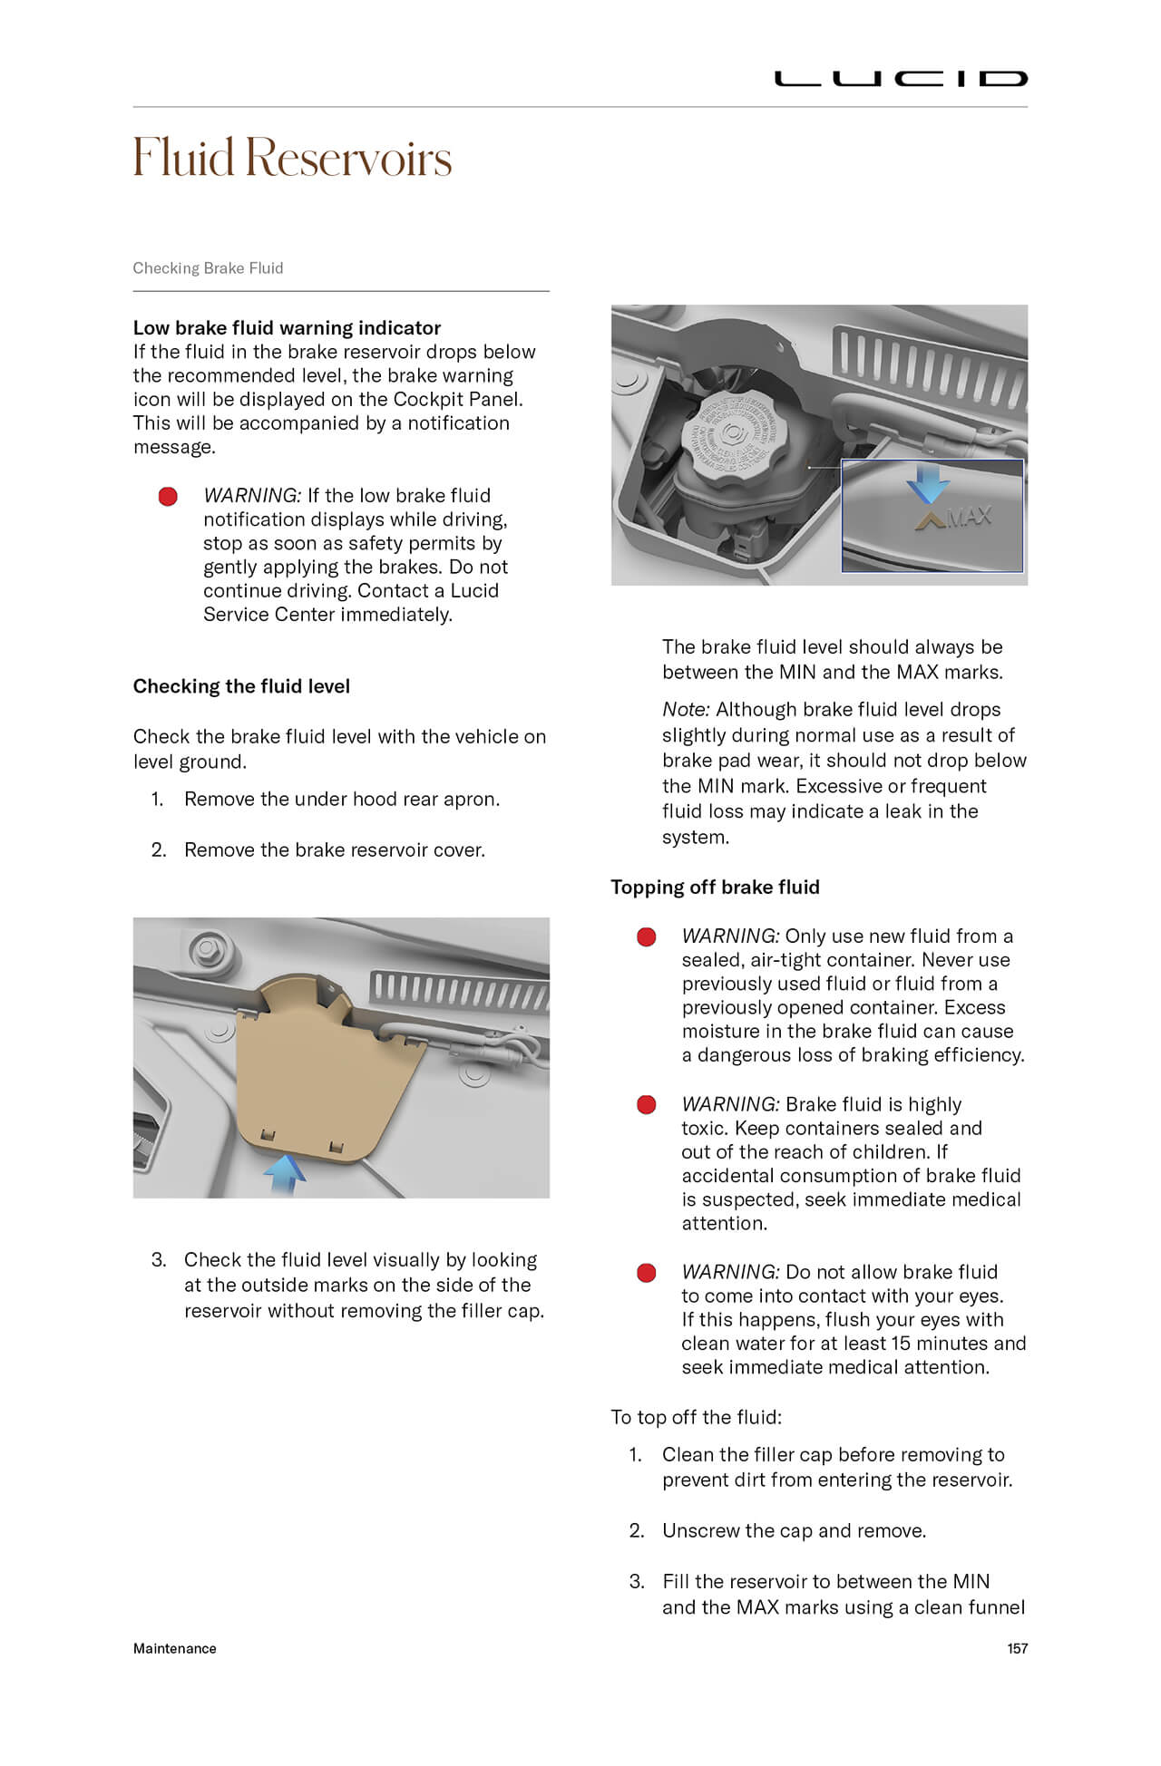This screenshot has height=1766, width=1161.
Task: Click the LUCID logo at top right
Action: [x=900, y=79]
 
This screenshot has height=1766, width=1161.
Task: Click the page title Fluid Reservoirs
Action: [x=292, y=158]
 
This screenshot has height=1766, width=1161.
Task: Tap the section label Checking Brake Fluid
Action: [x=208, y=268]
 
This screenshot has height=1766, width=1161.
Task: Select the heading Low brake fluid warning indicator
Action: [x=287, y=328]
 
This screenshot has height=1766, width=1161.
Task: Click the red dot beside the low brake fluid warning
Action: [x=168, y=497]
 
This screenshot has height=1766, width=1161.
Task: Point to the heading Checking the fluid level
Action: [x=241, y=686]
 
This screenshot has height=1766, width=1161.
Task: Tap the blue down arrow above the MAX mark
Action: [x=927, y=483]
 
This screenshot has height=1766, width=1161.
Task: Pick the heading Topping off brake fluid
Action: [x=715, y=888]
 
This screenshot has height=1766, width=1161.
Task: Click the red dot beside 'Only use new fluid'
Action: [x=647, y=937]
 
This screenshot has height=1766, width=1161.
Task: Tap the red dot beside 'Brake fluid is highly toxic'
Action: [x=647, y=1105]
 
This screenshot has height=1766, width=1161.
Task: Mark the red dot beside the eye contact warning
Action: [x=647, y=1273]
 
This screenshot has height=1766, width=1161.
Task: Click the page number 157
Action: [x=1017, y=1649]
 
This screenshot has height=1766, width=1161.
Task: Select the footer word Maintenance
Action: [x=175, y=1649]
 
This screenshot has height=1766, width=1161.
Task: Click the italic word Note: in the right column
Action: [x=686, y=710]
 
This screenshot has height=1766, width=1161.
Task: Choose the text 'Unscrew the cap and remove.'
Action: [x=794, y=1531]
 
